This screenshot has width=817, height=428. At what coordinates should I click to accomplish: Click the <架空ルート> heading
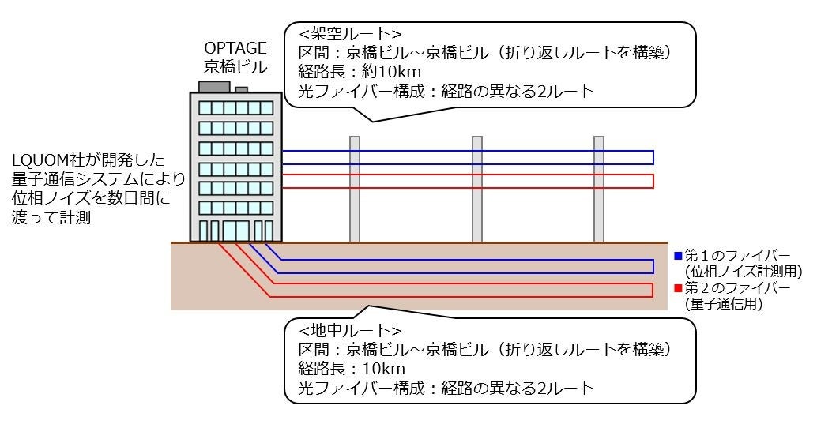point(351,34)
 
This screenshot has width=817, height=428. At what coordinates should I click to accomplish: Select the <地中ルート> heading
point(351,330)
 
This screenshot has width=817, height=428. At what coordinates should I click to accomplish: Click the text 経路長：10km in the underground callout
point(352,368)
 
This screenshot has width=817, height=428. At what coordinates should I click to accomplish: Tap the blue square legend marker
point(678,256)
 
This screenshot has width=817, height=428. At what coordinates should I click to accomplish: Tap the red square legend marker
point(678,287)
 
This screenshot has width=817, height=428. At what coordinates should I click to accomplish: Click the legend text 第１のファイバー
point(737,256)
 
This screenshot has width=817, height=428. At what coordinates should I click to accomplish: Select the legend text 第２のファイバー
point(737,287)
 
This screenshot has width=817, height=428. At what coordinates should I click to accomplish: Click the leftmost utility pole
point(355,189)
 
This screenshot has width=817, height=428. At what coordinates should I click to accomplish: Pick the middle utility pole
point(477,189)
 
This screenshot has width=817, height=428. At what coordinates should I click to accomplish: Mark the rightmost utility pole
point(599,189)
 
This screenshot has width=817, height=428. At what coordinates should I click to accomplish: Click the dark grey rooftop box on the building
point(214,86)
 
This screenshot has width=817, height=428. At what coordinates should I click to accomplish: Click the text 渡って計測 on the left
point(52,218)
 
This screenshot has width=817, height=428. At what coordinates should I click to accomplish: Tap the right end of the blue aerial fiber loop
point(653,157)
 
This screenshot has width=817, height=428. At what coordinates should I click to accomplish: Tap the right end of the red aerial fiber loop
point(653,181)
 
